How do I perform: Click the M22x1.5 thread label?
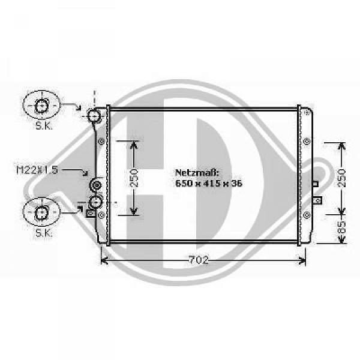[x=37, y=170]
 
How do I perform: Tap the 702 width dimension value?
[x=202, y=260]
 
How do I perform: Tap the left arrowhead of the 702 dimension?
[x=104, y=260]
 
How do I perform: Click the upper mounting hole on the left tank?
[x=101, y=142]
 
